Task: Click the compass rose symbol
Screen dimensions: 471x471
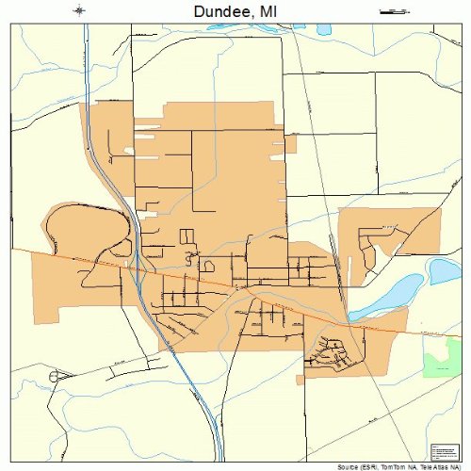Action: (x=79, y=10)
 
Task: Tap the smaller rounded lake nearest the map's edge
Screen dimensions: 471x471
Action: (x=445, y=271)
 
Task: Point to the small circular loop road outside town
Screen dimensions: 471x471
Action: (x=53, y=376)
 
